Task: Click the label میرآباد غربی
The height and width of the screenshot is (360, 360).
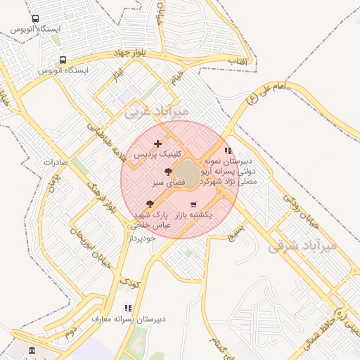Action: point(156,111)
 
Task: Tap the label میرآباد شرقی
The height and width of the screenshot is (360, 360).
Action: point(303,247)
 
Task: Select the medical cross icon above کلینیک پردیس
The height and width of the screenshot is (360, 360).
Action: point(157,143)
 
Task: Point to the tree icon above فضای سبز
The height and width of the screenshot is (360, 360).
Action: point(167,172)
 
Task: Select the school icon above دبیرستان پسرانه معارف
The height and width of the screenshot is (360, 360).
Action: point(127,308)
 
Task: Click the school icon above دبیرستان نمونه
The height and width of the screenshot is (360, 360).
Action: point(227,150)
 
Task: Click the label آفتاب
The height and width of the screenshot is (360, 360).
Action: point(240,62)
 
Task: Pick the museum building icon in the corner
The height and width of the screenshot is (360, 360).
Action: point(31,350)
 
